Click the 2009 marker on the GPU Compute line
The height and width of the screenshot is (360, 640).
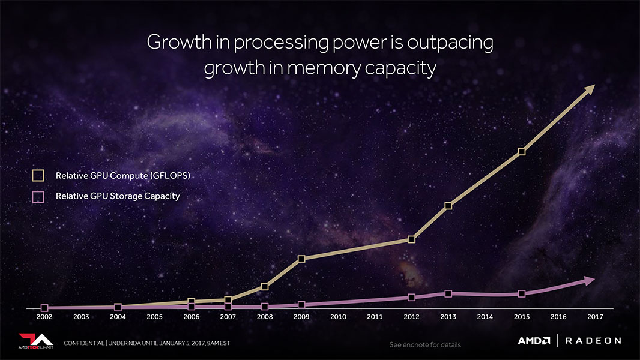pos(301,259)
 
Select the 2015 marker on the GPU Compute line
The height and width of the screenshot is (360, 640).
pos(522,151)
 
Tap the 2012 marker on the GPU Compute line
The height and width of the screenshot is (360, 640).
pos(411,239)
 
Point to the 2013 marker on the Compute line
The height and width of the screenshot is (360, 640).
pos(448,206)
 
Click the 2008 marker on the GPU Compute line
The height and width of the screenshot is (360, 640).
pos(265,287)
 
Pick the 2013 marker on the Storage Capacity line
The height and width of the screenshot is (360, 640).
pos(448,293)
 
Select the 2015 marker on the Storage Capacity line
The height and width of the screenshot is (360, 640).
pos(522,293)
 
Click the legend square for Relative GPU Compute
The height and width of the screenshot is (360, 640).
pos(38,175)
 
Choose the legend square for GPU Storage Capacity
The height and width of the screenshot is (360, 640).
pos(38,196)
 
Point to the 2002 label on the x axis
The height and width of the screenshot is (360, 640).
pos(44,316)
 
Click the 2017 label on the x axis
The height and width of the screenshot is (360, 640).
pos(595,316)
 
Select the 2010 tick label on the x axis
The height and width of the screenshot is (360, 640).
pos(338,316)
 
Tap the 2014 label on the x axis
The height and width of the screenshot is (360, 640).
pos(485,316)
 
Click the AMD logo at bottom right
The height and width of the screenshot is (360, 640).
pos(534,341)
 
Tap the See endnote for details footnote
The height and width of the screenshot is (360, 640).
pos(424,345)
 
